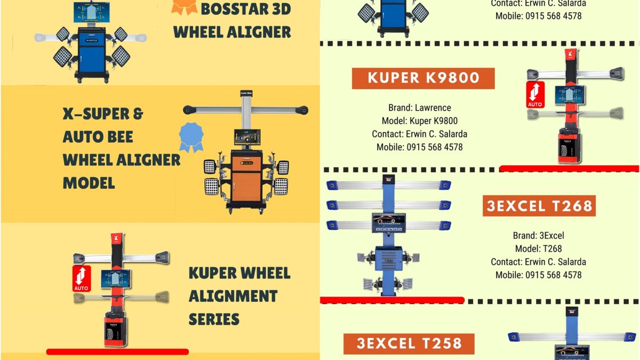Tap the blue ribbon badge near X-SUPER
[x=191, y=137]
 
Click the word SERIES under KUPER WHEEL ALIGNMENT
[x=214, y=319]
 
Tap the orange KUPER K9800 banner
[x=423, y=78]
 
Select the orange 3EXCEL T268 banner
[x=539, y=205]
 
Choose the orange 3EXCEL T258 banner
[x=409, y=343]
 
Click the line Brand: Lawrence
[x=420, y=108]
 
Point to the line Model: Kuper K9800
[x=420, y=121]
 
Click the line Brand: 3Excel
[x=538, y=236]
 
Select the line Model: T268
[x=538, y=249]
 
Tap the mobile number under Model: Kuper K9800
[x=420, y=147]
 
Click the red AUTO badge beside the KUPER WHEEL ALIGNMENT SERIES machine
[x=82, y=279]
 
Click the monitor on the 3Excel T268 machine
[x=389, y=222]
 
